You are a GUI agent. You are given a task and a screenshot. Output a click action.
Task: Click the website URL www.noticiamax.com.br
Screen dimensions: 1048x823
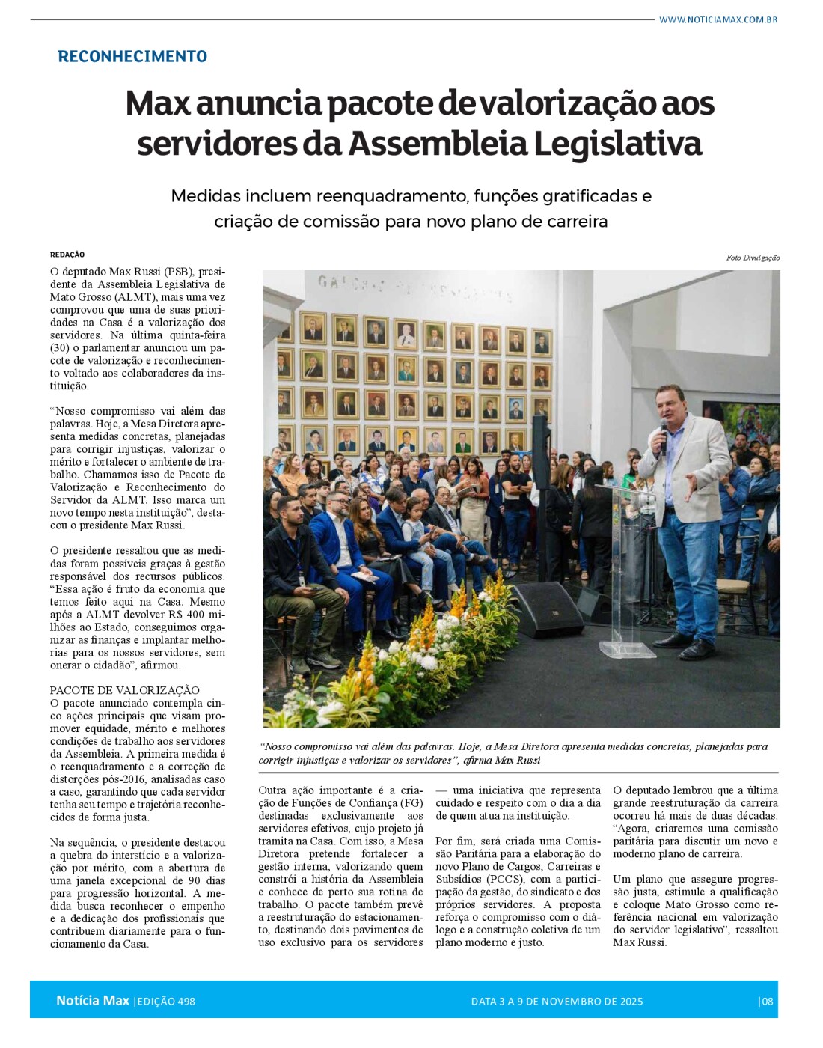tap(718, 19)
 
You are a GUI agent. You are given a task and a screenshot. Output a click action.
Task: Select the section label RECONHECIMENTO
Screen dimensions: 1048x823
tap(132, 57)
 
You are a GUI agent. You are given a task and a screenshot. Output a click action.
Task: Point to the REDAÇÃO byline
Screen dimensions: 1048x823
tap(67, 255)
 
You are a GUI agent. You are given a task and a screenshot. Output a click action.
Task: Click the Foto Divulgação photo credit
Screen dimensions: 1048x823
tap(752, 258)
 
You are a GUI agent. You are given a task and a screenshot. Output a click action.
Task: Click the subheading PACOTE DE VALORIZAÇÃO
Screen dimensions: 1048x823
tap(125, 690)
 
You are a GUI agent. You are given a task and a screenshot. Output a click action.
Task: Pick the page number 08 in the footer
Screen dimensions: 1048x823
tap(766, 1002)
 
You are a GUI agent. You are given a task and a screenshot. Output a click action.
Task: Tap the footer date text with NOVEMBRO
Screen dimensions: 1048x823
tap(557, 1002)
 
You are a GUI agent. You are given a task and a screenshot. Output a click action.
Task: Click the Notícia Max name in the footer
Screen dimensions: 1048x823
tap(92, 1001)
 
